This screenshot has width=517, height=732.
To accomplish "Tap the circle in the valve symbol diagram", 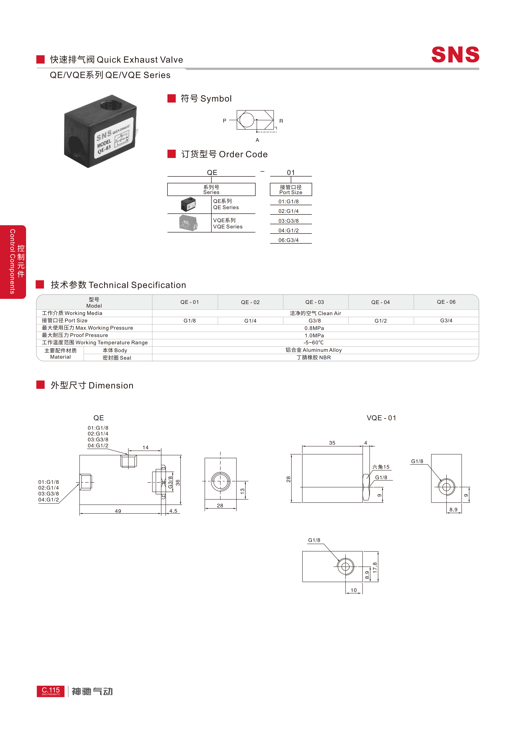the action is [247, 120].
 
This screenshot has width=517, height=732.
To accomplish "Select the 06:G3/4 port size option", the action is [289, 240].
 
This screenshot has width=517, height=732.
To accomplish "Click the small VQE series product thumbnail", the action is [189, 223].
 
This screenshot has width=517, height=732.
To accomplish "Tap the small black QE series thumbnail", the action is [188, 204].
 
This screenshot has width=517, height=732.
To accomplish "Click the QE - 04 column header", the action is [380, 302].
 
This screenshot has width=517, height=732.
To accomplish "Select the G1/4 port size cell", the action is [250, 321].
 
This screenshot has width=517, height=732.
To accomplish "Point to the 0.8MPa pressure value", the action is [314, 328].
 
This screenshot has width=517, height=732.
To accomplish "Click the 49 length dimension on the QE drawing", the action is [118, 511].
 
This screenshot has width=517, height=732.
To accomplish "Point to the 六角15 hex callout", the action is [381, 467].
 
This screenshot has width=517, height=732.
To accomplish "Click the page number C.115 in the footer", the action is [51, 690].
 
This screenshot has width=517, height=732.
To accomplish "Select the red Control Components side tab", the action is [13, 262].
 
